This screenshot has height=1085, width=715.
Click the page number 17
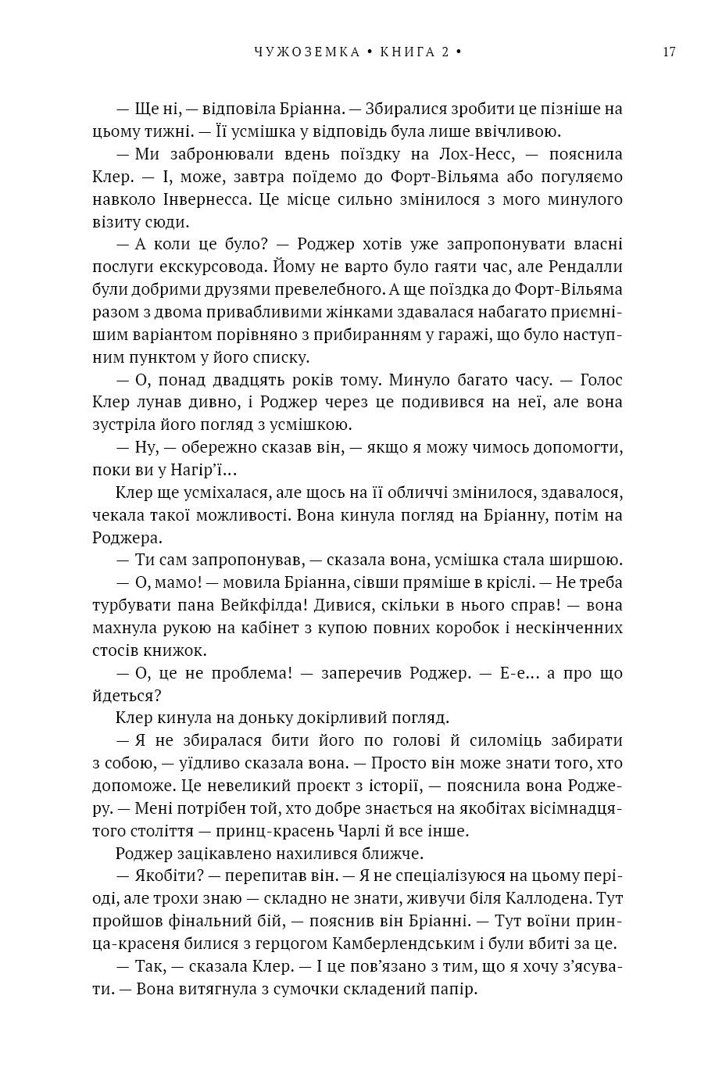point(668,52)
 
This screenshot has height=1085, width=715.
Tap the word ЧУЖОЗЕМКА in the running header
point(306,52)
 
